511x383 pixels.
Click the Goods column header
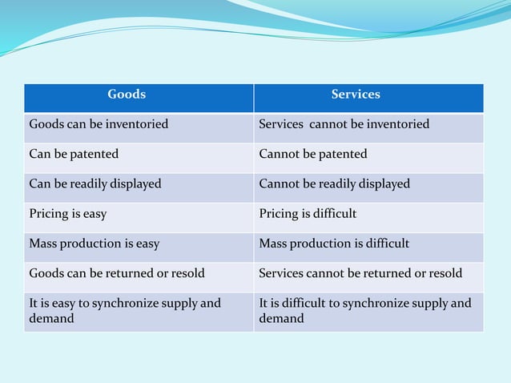point(127,95)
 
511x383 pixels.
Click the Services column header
point(356,95)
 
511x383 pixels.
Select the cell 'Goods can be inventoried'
point(99,124)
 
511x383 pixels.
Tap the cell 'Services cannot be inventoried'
point(344,124)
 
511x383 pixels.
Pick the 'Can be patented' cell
point(74,154)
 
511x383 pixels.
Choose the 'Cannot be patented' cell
point(313,154)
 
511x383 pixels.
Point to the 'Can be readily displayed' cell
point(95,183)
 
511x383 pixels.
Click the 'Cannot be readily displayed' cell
point(334,183)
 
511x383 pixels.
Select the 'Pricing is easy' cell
point(68,214)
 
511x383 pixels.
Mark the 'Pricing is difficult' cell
point(308,214)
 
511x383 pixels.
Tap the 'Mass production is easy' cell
point(95,244)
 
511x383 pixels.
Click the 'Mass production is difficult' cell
point(334,244)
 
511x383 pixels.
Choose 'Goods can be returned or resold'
point(117,273)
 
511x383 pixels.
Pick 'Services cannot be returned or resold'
point(360,273)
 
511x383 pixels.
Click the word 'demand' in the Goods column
point(51,319)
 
